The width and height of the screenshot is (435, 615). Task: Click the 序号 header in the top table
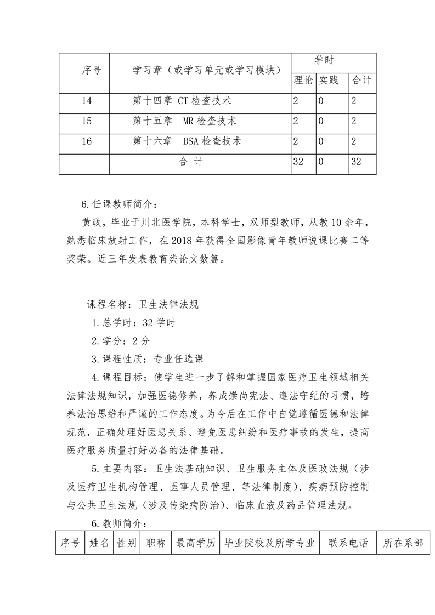[92, 70]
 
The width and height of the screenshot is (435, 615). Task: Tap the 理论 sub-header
[303, 81]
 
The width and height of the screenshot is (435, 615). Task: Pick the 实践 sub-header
[329, 81]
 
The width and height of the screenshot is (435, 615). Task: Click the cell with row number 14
[86, 101]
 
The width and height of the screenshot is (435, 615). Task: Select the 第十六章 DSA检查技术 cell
[187, 141]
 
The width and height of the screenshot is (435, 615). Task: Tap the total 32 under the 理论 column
[299, 162]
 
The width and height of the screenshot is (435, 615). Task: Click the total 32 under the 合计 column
[356, 162]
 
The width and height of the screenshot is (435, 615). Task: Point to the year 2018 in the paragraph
[183, 240]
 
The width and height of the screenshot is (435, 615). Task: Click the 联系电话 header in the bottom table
[348, 543]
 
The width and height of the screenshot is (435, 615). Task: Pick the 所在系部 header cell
[403, 543]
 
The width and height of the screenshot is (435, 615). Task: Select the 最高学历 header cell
[195, 543]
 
